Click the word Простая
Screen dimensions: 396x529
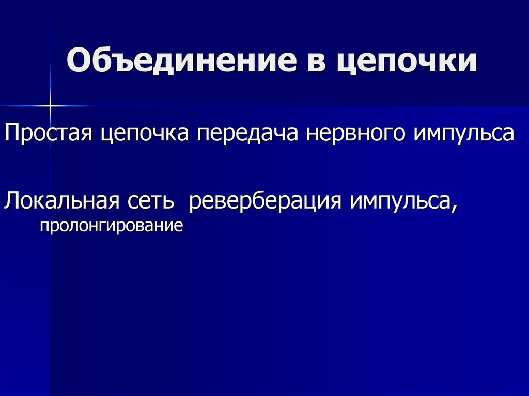48,134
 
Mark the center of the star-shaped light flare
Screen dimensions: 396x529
51,106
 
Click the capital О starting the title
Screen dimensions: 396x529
78,61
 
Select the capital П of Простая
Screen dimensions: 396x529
11,133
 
